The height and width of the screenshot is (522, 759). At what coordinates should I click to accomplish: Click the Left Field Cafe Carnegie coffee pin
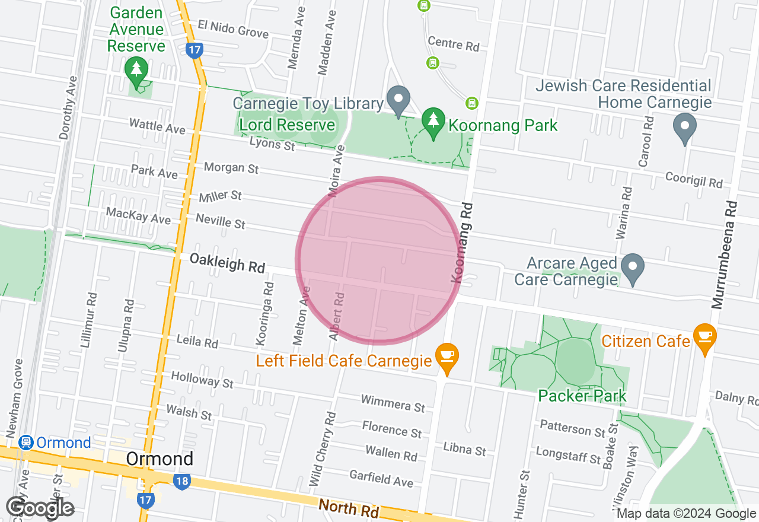coord(446,357)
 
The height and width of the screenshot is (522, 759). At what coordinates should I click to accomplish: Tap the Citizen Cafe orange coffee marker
coord(704,336)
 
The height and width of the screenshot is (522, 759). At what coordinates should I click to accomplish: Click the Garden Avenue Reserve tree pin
coord(137,71)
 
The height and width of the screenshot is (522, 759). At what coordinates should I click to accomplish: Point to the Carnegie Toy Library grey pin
coord(398,99)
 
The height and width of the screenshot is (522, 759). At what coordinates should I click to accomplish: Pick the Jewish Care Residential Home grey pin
coord(685,127)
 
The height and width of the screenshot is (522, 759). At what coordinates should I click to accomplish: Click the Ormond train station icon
coord(25,443)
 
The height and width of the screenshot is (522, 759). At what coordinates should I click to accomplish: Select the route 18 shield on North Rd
coord(181,481)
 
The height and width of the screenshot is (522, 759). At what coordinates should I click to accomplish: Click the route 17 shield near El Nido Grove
coord(194,49)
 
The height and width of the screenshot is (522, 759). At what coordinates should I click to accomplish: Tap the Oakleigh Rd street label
coord(227,263)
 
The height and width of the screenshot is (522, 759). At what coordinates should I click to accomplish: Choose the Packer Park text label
coord(582,396)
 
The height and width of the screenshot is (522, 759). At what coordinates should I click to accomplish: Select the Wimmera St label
coord(393,404)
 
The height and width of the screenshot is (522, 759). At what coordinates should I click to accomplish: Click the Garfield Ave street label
coord(381,478)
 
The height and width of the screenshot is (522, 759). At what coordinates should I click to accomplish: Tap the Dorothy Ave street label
coord(68,108)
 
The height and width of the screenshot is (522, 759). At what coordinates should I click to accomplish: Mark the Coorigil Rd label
coord(693,180)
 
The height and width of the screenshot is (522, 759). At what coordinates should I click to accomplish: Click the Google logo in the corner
coord(40,507)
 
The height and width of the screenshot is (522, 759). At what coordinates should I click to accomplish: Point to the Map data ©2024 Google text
coord(686,514)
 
